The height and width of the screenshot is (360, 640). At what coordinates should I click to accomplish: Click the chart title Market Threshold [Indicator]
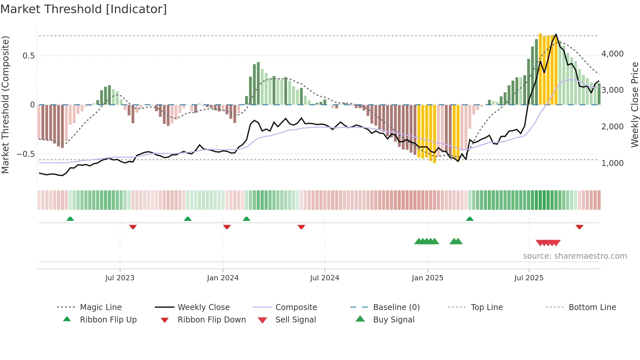[x=84, y=9]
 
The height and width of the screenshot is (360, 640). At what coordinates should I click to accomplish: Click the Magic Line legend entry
[x=101, y=307]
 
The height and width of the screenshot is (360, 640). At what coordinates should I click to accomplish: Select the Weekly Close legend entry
[x=203, y=307]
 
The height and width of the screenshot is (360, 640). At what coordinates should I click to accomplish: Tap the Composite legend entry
[x=296, y=307]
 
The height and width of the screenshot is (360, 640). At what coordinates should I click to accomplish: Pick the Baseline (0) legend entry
[x=396, y=307]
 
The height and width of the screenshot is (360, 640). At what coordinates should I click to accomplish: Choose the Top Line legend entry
[x=487, y=307]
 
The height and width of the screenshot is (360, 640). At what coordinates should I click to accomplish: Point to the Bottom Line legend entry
[x=592, y=307]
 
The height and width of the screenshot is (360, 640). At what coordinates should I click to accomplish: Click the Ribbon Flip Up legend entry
[x=108, y=319]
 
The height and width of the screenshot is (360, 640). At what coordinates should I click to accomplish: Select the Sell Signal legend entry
[x=296, y=319]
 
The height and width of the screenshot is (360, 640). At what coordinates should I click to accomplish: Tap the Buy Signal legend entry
[x=393, y=319]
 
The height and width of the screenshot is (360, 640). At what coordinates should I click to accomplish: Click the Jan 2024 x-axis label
[x=223, y=278]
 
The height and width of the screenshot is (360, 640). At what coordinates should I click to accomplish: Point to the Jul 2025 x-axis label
[x=529, y=278]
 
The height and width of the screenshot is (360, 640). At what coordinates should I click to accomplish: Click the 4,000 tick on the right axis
[x=612, y=54]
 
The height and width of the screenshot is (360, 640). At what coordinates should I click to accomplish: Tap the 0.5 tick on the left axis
[x=28, y=56]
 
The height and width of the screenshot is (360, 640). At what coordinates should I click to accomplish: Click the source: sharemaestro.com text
[x=575, y=256]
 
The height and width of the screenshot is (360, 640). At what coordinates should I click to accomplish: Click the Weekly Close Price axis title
[x=634, y=105]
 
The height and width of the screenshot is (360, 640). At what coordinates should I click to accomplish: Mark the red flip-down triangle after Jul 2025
[x=579, y=227]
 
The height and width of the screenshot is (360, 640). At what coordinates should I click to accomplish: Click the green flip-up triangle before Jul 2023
[x=70, y=219]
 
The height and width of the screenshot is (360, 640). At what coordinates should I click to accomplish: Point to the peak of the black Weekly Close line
[x=556, y=34]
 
